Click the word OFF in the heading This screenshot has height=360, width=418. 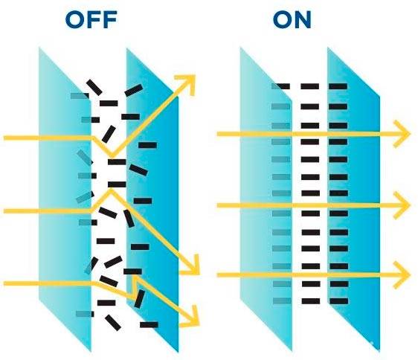(x=91, y=20)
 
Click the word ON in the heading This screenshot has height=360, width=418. (x=292, y=20)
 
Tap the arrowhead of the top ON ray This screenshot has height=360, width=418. (x=402, y=134)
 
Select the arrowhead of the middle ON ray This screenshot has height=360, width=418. (x=402, y=205)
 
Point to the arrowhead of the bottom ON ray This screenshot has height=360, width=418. (x=402, y=274)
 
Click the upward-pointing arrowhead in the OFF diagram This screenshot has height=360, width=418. (x=187, y=83)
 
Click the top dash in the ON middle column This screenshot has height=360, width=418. (x=310, y=86)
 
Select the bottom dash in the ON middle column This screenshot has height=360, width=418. (x=311, y=301)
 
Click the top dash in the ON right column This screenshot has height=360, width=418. (x=338, y=86)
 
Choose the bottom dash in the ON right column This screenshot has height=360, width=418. (x=339, y=301)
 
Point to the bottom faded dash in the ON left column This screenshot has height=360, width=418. (x=282, y=301)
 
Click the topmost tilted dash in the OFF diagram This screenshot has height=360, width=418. (x=94, y=87)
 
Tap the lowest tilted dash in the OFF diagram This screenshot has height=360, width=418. (x=113, y=323)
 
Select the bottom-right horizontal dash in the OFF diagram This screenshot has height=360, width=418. (x=149, y=324)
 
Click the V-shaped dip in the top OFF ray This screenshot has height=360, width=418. (x=112, y=155)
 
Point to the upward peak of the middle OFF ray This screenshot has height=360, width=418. (x=111, y=190)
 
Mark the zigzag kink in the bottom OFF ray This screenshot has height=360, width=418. (x=135, y=286)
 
